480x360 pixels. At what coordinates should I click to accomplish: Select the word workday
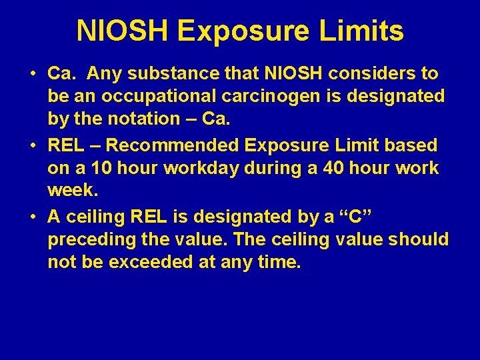(207, 168)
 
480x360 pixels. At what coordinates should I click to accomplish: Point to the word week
(72, 191)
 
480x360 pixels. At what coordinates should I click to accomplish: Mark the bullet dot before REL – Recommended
(33, 146)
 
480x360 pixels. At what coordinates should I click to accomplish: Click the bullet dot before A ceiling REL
(33, 217)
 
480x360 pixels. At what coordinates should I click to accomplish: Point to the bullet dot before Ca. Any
(33, 74)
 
